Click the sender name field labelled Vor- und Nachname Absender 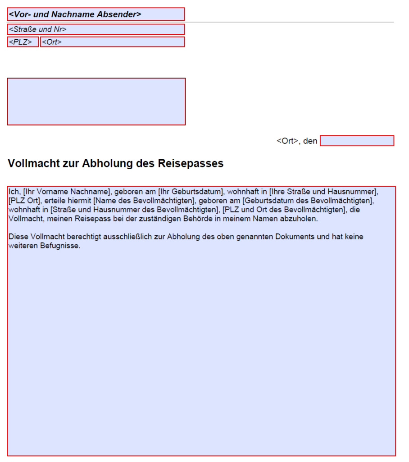coord(95,14)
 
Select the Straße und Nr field coord(95,29)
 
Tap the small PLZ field coord(23,42)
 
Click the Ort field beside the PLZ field coord(112,42)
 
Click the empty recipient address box coord(96,102)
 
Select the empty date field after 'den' coord(357,141)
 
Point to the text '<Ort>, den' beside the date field coord(297,141)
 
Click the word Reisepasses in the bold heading coord(191,163)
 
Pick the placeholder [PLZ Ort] coord(25,201)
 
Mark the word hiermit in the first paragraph coord(79,201)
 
